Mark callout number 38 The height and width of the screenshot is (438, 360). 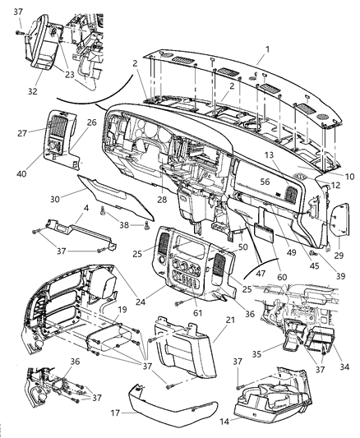(123, 224)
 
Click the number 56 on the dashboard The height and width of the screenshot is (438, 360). (265, 182)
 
